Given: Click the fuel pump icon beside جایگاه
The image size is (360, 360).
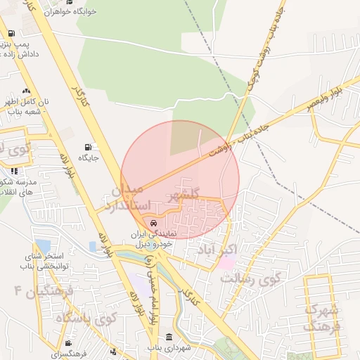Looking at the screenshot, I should coord(88,147).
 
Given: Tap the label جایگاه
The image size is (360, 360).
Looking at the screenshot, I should coord(88,158).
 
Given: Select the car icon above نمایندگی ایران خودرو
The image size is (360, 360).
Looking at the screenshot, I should coord(154,223).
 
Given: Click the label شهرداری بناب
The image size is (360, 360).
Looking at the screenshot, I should coord(169,347).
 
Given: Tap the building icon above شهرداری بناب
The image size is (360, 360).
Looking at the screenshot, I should coord(169,337).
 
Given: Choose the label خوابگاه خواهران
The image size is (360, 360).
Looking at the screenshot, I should coord(70,12).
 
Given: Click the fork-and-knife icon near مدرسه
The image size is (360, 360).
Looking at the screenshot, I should coord(13,171).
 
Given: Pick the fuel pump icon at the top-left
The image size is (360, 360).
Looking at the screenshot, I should coord(11,34).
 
